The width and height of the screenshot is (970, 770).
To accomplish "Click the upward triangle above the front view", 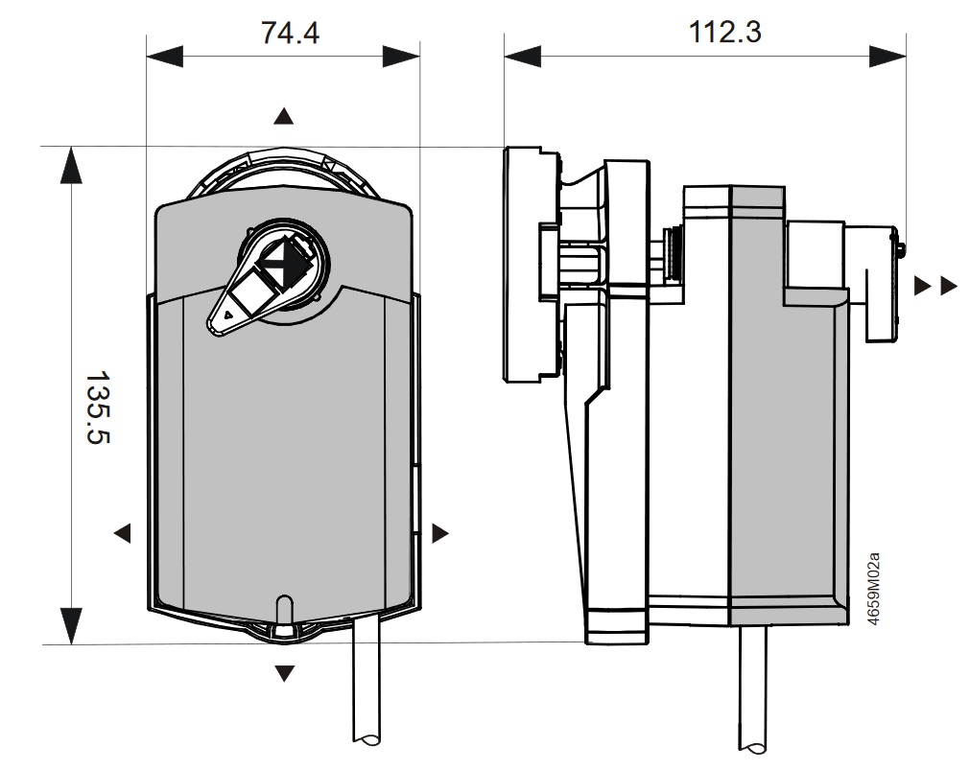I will (283, 116).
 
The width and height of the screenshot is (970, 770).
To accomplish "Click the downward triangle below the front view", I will (284, 673).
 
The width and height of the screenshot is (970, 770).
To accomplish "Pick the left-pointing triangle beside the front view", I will (122, 532).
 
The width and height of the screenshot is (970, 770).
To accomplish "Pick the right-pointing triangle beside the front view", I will (440, 532).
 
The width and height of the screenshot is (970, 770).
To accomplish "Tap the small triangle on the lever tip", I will (227, 314).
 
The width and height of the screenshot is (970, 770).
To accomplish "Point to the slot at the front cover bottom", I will (284, 611).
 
